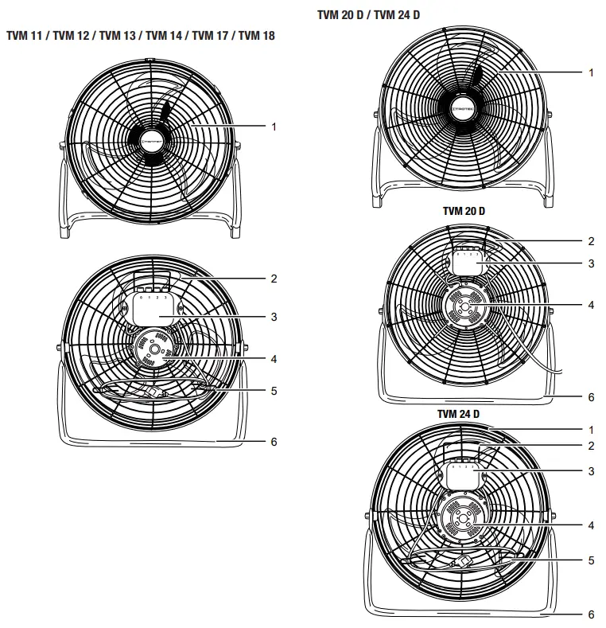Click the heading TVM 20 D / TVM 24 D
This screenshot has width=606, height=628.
(368, 15)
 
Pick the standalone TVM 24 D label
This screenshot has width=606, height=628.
(458, 414)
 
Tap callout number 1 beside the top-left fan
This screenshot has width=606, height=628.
(274, 126)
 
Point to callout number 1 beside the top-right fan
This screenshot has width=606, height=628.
(591, 72)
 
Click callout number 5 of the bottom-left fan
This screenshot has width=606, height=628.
(273, 391)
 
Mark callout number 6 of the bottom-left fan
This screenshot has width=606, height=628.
(273, 440)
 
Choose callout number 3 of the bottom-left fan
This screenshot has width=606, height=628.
(273, 317)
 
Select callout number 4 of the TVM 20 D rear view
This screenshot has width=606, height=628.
(591, 304)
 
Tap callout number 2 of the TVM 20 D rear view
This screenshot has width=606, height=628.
(591, 240)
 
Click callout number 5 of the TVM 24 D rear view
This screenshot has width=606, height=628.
(591, 560)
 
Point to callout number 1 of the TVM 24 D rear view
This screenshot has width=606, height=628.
(591, 429)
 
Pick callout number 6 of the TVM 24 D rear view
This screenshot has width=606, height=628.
(591, 614)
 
